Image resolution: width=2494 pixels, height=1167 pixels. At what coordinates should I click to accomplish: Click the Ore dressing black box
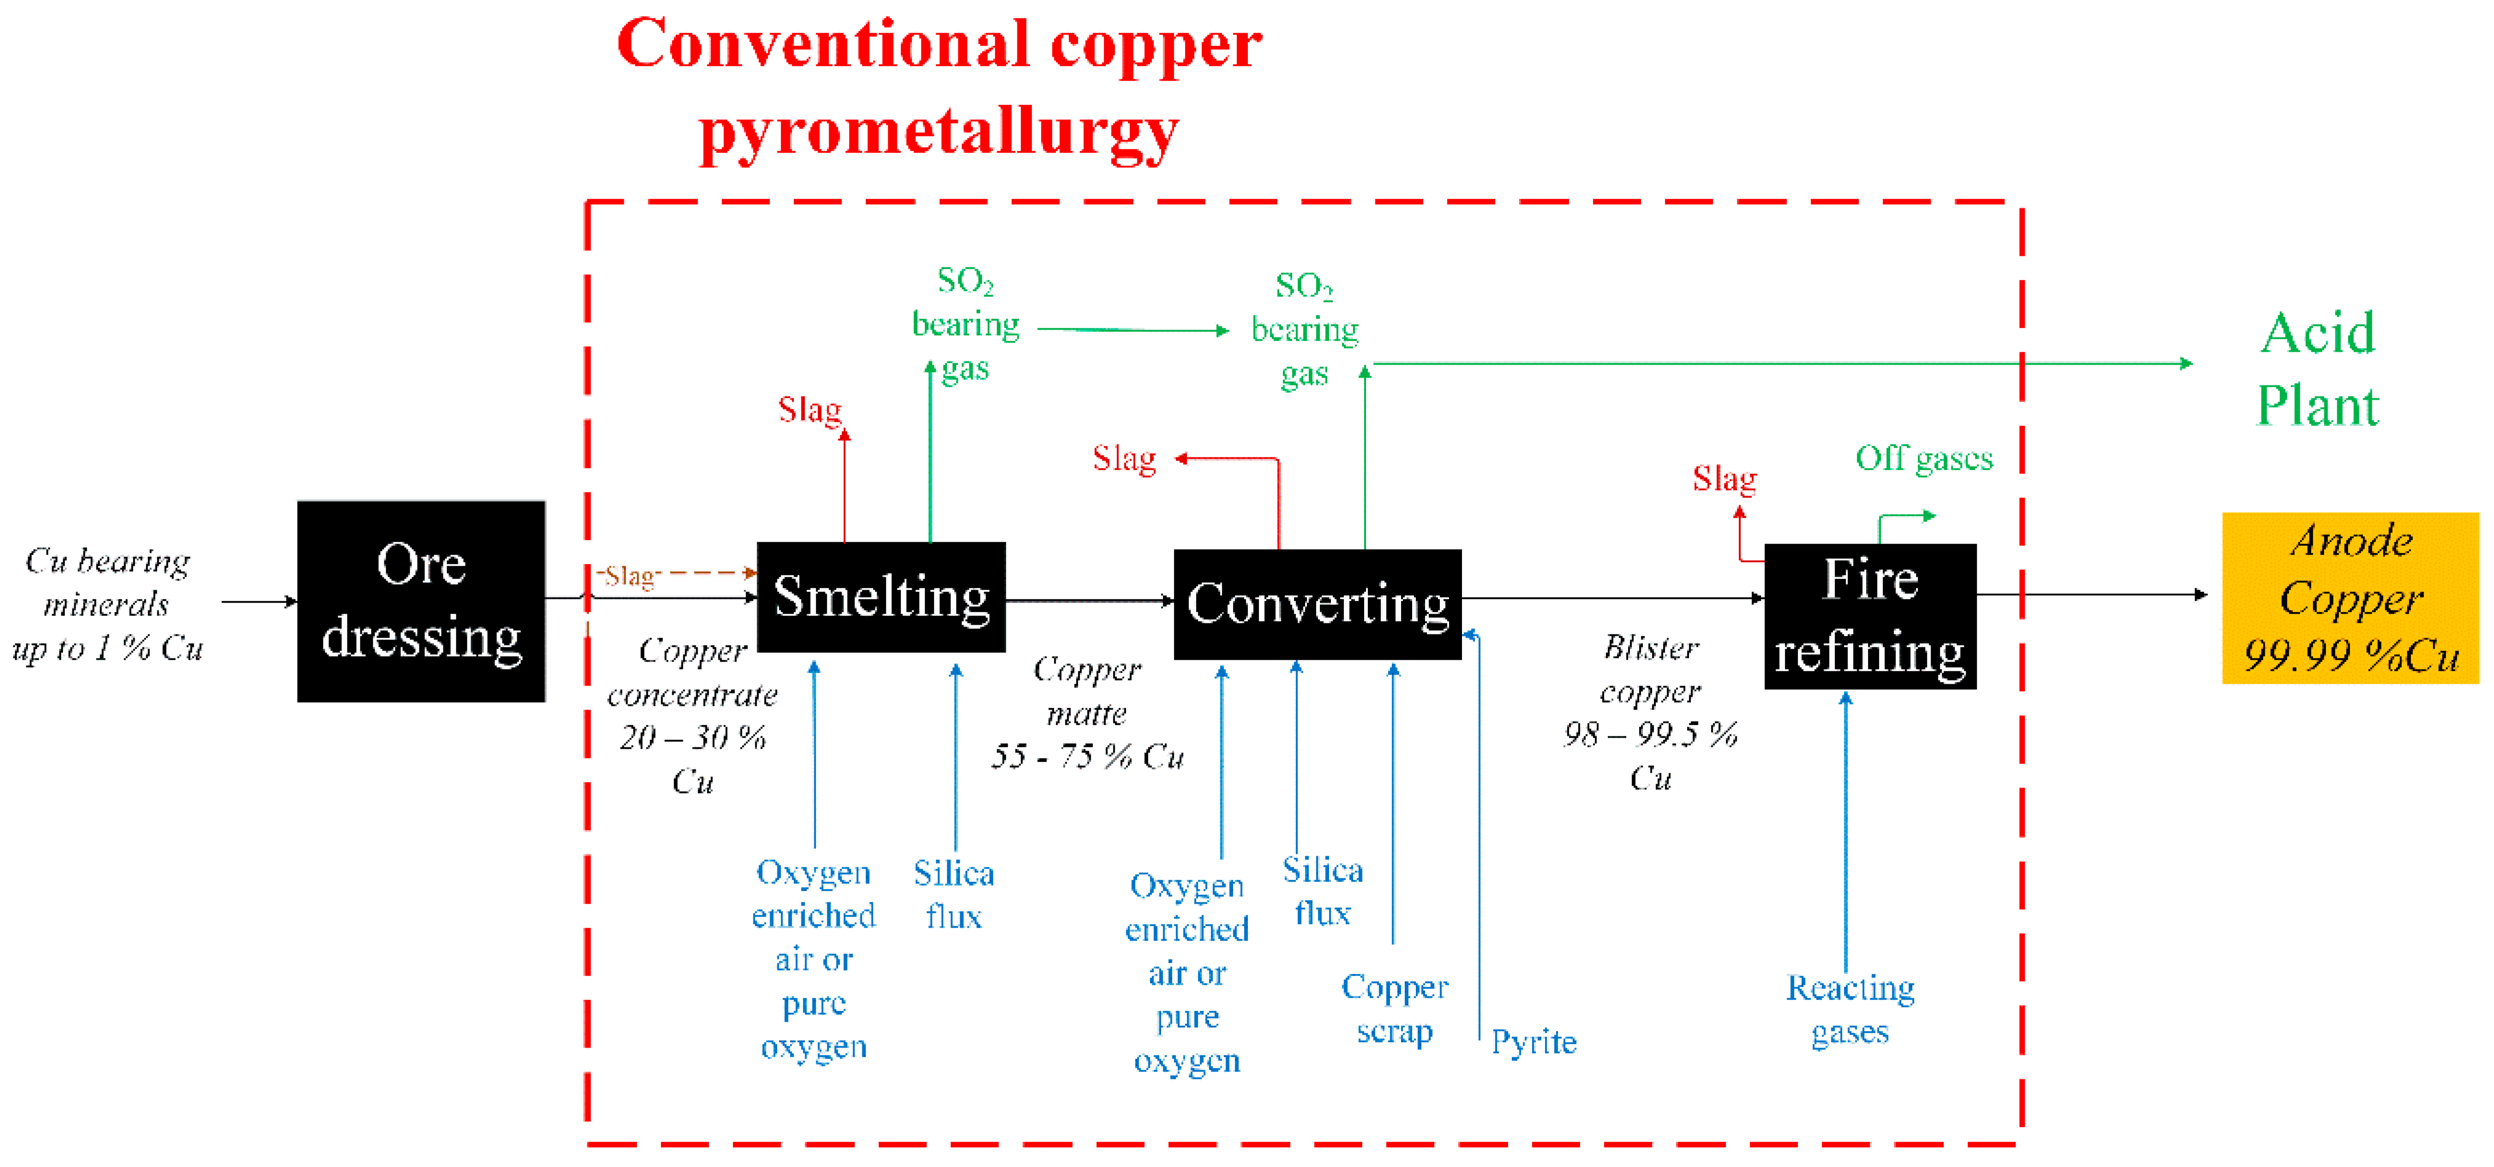click(x=421, y=601)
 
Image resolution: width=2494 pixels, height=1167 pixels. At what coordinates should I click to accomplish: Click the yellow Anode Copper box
click(x=2350, y=598)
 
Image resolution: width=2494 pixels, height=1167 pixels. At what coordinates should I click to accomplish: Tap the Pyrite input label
click(x=1533, y=1042)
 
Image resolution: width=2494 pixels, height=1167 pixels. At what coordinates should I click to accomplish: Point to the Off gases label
click(x=1924, y=458)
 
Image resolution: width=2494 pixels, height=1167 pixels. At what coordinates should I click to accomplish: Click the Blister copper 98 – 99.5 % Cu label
click(x=1651, y=712)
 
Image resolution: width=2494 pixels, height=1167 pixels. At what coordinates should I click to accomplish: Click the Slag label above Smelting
click(x=809, y=409)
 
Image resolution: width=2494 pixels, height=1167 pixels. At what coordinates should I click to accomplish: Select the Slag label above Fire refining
click(x=1724, y=478)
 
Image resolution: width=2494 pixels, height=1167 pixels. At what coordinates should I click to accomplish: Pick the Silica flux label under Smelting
click(x=954, y=894)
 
